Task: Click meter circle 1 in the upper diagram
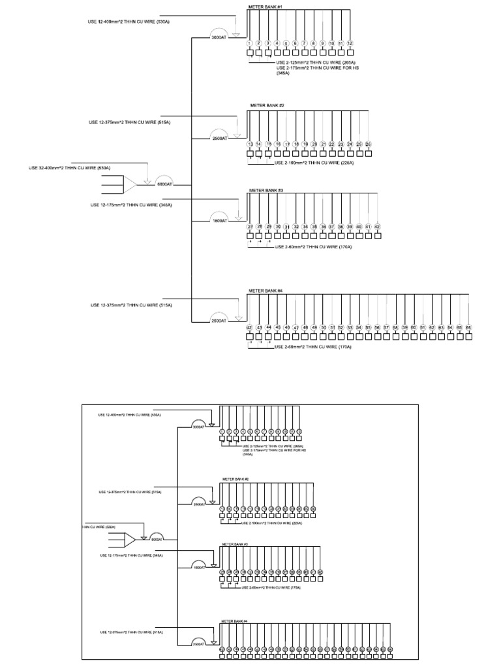click(249, 43)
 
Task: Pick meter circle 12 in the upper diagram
click(350, 43)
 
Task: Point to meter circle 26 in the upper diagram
click(368, 144)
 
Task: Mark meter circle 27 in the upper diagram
click(250, 227)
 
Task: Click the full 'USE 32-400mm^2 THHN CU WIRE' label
click(69, 168)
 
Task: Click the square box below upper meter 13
click(250, 154)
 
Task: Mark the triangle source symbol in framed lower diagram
click(130, 540)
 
